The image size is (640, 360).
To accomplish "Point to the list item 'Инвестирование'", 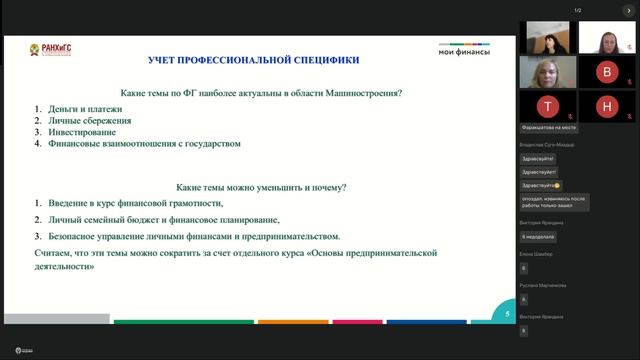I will click(x=74, y=132).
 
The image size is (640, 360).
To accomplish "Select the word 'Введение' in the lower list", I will click(x=66, y=204).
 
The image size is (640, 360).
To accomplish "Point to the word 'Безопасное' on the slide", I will click(x=72, y=237).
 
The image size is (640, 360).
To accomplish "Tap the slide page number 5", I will click(x=507, y=313).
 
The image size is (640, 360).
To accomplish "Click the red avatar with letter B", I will click(x=607, y=72).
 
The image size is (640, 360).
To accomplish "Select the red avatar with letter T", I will click(x=547, y=105).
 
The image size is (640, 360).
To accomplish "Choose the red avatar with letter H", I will click(x=607, y=105).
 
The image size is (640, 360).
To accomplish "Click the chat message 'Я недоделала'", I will click(x=540, y=236).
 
